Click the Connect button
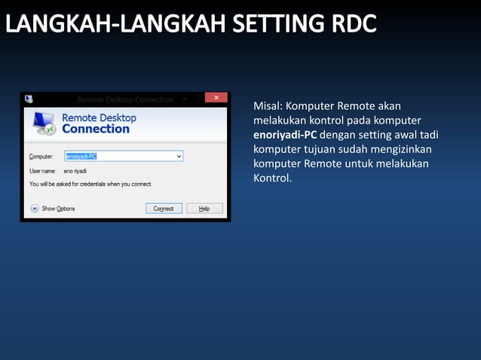tap(164, 209)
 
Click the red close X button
tap(216, 99)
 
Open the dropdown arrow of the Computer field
tap(179, 156)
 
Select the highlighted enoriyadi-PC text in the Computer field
tap(81, 156)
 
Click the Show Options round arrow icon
tap(34, 209)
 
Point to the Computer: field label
tap(41, 157)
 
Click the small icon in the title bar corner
tap(29, 99)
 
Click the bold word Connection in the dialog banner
tap(96, 129)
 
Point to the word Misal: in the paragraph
tap(268, 106)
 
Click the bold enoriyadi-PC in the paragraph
tap(285, 135)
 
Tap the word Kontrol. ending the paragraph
tap(272, 178)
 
